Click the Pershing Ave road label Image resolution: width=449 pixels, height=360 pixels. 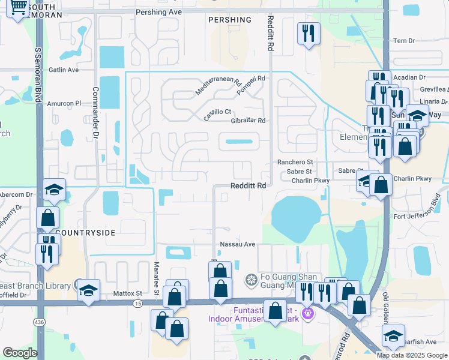[158, 11]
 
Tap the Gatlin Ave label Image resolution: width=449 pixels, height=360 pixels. [64, 70]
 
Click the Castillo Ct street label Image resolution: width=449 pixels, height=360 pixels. [217, 113]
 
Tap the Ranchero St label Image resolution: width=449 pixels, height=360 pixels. [295, 162]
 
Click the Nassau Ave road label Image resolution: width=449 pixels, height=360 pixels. [238, 244]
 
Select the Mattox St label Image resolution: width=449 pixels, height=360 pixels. [127, 293]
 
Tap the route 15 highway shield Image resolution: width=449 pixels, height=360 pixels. [138, 304]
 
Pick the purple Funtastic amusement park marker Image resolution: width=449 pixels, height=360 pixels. [309, 313]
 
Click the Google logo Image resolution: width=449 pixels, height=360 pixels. [20, 353]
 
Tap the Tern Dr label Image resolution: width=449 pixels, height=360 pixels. [403, 41]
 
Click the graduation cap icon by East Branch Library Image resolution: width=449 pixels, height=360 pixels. [88, 291]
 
